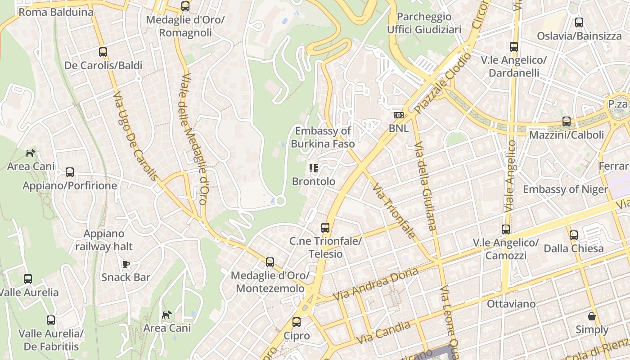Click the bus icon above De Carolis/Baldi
pyautogui.click(x=103, y=52)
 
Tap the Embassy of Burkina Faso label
pyautogui.click(x=323, y=137)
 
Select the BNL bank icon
pyautogui.click(x=399, y=115)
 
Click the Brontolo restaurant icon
pyautogui.click(x=314, y=169)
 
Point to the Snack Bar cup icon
pyautogui.click(x=126, y=264)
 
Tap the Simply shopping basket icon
pyautogui.click(x=592, y=316)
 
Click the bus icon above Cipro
pyautogui.click(x=297, y=322)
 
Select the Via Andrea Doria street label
pyautogui.click(x=375, y=284)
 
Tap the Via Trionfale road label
pyautogui.click(x=393, y=211)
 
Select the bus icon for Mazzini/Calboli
pyautogui.click(x=567, y=121)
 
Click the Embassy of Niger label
pyautogui.click(x=565, y=189)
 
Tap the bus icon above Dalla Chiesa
pyautogui.click(x=574, y=235)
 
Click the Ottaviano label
pyautogui.click(x=511, y=304)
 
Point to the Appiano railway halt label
pyautogui.click(x=104, y=240)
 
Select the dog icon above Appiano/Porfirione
pyautogui.click(x=30, y=153)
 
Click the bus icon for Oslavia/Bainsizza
pyautogui.click(x=579, y=22)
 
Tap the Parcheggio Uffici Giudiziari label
pyautogui.click(x=424, y=23)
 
